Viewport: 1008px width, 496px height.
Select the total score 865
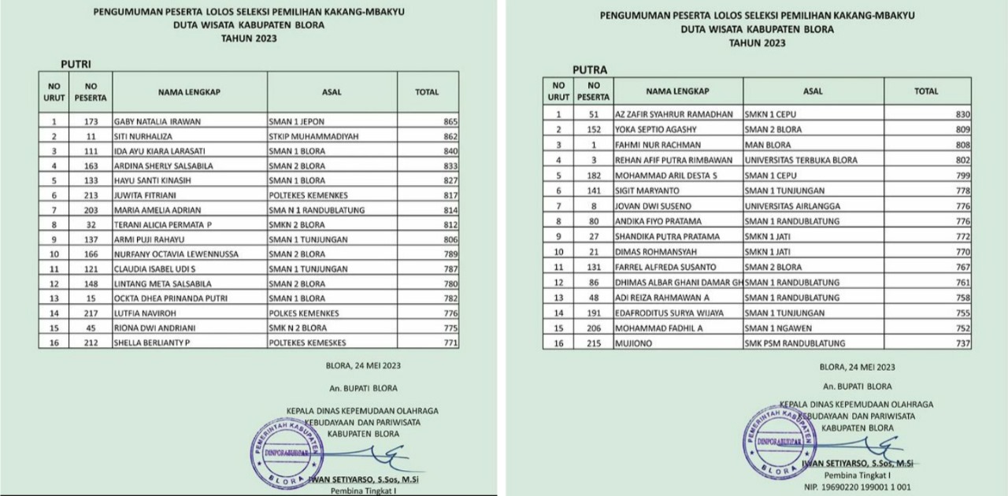click(450, 122)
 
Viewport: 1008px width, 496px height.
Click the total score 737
click(961, 343)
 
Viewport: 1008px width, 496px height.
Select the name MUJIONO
click(633, 343)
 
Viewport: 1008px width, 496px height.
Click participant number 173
click(91, 122)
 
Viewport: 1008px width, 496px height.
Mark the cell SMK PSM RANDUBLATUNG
click(795, 343)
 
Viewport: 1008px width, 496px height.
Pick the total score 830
click(961, 114)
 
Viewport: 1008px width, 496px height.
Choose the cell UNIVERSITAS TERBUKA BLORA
click(800, 160)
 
